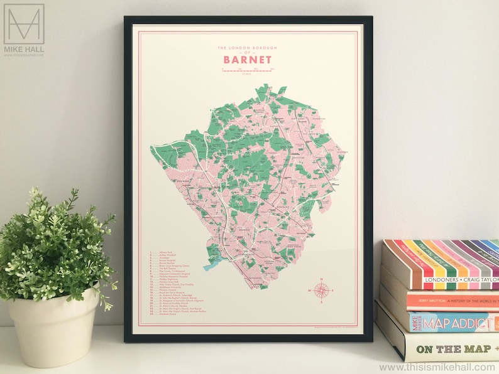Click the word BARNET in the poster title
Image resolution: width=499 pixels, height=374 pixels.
247,60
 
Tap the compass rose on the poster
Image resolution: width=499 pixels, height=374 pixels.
321,290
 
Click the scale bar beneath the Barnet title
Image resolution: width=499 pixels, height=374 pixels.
247,72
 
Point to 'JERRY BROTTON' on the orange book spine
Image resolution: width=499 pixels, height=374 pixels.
430,301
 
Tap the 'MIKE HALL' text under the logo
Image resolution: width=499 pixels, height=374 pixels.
24,48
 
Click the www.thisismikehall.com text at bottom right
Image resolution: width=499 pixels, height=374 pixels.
437,367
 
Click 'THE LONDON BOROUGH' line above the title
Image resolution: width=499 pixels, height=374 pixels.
247,48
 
